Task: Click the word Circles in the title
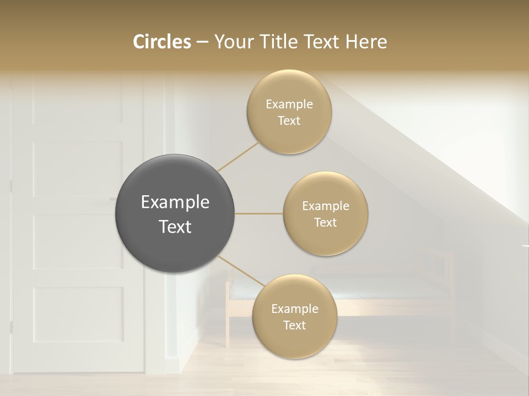pyautogui.click(x=162, y=42)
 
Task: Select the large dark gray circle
pyautogui.click(x=175, y=213)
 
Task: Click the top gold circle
pyautogui.click(x=289, y=112)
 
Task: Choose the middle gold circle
pyautogui.click(x=326, y=213)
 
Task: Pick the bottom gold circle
pyautogui.click(x=294, y=316)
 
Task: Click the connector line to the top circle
pyautogui.click(x=238, y=157)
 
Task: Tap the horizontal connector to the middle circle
pyautogui.click(x=259, y=213)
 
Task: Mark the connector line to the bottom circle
pyautogui.click(x=241, y=271)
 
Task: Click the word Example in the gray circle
pyautogui.click(x=175, y=202)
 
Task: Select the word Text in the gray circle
pyautogui.click(x=175, y=227)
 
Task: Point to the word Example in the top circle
pyautogui.click(x=289, y=104)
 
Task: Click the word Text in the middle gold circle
pyautogui.click(x=326, y=222)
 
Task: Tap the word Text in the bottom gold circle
pyautogui.click(x=294, y=325)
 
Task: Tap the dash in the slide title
pyautogui.click(x=202, y=42)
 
